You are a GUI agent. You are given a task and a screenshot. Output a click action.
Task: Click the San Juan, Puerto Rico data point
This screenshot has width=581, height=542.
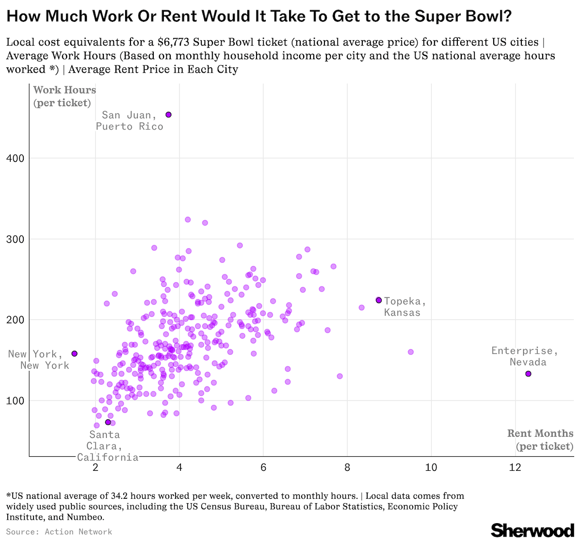pyautogui.click(x=168, y=115)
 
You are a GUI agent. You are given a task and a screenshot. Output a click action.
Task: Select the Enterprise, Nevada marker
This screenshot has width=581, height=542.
pyautogui.click(x=528, y=374)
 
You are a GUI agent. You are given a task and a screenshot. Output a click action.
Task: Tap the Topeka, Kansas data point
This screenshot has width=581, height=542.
pyautogui.click(x=379, y=300)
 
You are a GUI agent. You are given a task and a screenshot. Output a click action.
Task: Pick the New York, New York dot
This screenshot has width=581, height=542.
pyautogui.click(x=74, y=354)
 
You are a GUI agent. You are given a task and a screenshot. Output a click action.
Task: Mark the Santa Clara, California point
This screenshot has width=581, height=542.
pyautogui.click(x=108, y=422)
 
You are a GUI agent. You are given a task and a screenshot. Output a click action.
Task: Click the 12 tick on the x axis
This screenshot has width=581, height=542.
pyautogui.click(x=515, y=467)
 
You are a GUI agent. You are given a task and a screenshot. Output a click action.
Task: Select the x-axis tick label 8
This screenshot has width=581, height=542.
pyautogui.click(x=347, y=467)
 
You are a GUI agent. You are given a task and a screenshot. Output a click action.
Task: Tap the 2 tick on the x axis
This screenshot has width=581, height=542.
pyautogui.click(x=96, y=467)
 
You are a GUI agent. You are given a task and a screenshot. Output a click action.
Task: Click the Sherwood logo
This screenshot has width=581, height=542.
pyautogui.click(x=533, y=529)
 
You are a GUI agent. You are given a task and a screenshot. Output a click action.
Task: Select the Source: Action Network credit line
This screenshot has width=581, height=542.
pyautogui.click(x=59, y=532)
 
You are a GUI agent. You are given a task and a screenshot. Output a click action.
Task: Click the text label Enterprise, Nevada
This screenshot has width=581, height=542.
pyautogui.click(x=525, y=356)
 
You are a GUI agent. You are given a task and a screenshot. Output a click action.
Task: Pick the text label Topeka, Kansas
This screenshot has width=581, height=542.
pyautogui.click(x=405, y=307)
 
